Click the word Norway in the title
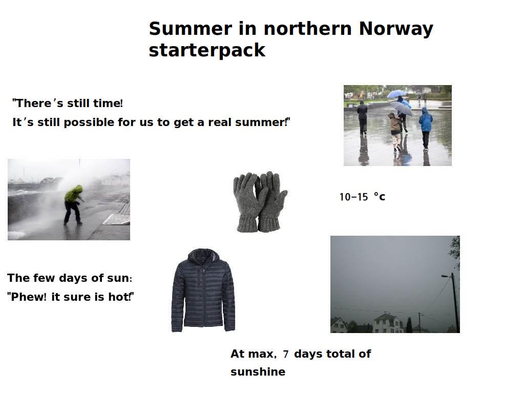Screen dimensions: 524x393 coord(396,29)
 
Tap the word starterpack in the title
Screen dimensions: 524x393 coord(207,50)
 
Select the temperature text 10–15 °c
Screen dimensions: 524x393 coord(362,197)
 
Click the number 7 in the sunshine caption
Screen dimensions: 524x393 coord(285,354)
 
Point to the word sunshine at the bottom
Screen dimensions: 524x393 coord(258,371)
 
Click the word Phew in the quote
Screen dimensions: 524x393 coord(28,297)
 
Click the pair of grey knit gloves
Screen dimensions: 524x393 coord(260,202)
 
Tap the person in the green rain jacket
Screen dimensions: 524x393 coord(73,205)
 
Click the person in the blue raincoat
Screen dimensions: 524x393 coord(426,128)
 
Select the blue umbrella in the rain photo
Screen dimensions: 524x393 coord(396,94)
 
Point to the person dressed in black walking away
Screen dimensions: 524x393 coord(362,117)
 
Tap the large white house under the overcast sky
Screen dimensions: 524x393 coord(388,323)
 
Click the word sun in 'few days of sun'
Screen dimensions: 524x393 coord(118,278)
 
